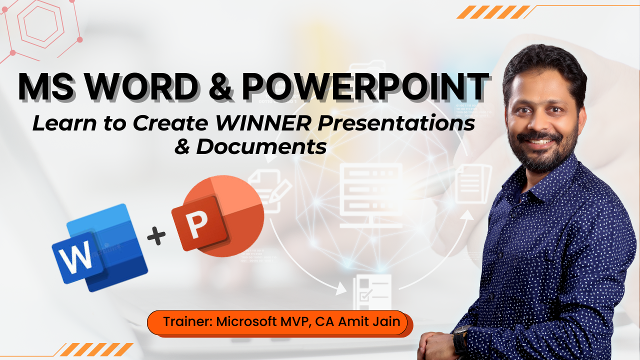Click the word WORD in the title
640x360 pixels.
coord(141,86)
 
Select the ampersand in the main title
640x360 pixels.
coord(220,86)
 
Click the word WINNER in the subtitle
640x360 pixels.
coord(263,123)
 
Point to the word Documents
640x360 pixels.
coord(261,146)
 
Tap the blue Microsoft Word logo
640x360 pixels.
coord(99,247)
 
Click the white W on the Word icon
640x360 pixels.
coord(75,258)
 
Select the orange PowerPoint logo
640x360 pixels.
coord(217,215)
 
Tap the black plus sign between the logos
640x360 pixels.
coord(156,235)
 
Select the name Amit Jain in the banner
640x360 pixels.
coord(369,321)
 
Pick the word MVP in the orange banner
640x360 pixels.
coord(295,322)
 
